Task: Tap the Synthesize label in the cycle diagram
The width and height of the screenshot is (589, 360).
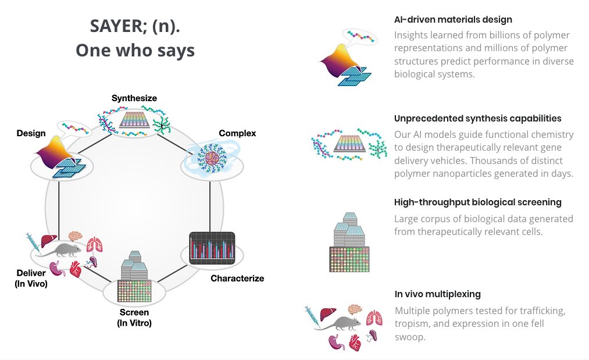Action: point(134,98)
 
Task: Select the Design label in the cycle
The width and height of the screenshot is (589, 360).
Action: point(31,133)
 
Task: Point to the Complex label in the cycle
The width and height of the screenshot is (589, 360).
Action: point(237,133)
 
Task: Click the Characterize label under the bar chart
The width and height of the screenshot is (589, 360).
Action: point(237,278)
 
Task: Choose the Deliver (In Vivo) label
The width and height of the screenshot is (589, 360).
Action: point(31,279)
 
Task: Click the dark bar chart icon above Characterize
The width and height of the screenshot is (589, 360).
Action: point(212,247)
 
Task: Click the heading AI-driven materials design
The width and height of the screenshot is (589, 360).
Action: point(453,20)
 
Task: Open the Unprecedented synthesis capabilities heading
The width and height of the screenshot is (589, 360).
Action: point(477,118)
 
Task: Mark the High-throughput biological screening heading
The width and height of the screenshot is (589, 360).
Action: point(477,202)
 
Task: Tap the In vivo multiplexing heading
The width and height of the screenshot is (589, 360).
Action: point(437,294)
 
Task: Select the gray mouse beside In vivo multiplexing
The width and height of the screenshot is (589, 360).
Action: point(339,323)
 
